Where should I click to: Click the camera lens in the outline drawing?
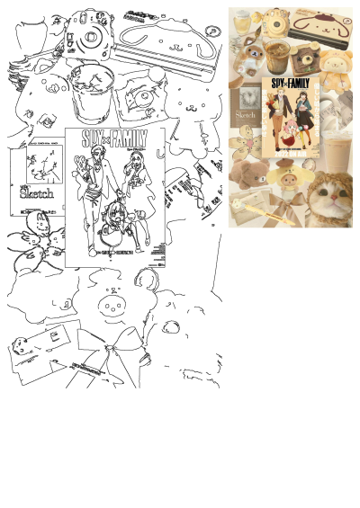(91, 38)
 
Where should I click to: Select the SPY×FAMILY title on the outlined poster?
(114, 138)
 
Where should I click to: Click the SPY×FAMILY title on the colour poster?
(291, 84)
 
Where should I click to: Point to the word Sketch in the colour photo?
(246, 116)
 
